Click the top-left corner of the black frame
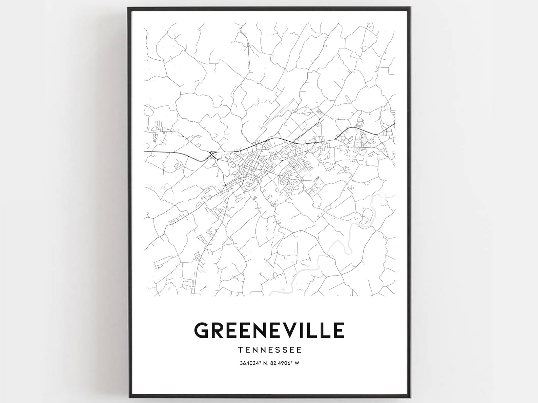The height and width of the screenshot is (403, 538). [x=128, y=8]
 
